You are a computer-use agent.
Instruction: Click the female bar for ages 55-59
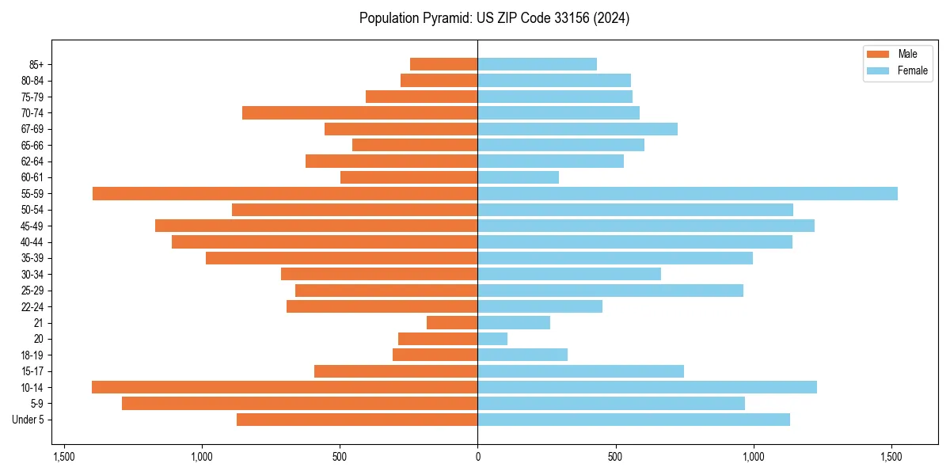pos(687,194)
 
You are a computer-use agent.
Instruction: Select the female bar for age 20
pos(492,339)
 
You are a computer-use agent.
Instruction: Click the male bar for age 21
pos(452,323)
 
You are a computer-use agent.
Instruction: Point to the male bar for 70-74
pos(360,113)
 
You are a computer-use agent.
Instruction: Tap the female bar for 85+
pos(537,64)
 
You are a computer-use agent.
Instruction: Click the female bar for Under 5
pos(633,420)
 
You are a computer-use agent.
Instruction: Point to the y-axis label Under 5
pos(28,420)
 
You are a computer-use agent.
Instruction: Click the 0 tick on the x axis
pos(477,457)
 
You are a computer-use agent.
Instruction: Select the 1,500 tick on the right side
pos(891,457)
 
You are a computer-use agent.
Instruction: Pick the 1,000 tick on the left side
pos(202,457)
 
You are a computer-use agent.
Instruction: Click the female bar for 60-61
pos(518,177)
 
